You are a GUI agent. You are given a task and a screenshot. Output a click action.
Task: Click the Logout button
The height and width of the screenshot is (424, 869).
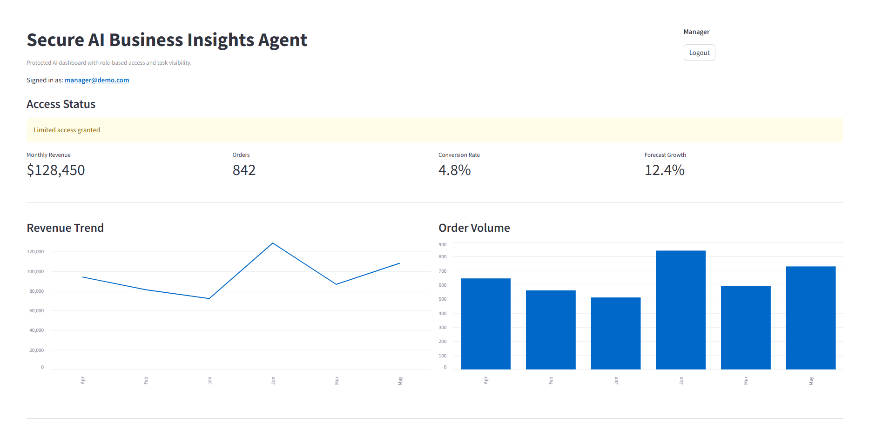pyautogui.click(x=699, y=53)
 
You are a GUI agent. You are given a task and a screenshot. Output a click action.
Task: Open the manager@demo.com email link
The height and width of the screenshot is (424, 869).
pyautogui.click(x=97, y=80)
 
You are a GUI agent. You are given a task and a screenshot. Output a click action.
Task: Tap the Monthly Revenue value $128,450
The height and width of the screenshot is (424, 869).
pyautogui.click(x=56, y=170)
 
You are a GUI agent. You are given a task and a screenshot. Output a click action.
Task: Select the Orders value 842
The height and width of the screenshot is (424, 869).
pyautogui.click(x=244, y=170)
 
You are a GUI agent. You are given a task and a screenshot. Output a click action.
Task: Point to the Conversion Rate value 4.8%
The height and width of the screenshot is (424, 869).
pyautogui.click(x=454, y=170)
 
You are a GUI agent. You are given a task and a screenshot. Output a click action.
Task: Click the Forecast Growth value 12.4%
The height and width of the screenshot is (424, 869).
pyautogui.click(x=664, y=170)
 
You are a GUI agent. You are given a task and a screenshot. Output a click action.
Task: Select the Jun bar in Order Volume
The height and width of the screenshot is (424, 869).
pyautogui.click(x=680, y=310)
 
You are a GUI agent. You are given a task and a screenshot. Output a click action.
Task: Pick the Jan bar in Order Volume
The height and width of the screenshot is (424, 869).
pyautogui.click(x=615, y=333)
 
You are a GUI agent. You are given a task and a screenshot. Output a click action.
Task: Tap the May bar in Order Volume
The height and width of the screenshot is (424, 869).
pyautogui.click(x=810, y=318)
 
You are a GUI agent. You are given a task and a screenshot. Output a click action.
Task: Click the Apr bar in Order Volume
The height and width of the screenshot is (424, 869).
pyautogui.click(x=485, y=324)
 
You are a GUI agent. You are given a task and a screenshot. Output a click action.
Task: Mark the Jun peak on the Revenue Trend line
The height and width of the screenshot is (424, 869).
pyautogui.click(x=273, y=243)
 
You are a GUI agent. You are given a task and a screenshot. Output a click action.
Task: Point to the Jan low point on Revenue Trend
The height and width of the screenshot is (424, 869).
pyautogui.click(x=209, y=298)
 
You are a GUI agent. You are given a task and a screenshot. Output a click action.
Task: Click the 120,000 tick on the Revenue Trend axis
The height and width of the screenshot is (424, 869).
pyautogui.click(x=35, y=252)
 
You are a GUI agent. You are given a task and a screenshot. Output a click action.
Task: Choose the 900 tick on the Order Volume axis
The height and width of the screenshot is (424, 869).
pyautogui.click(x=442, y=244)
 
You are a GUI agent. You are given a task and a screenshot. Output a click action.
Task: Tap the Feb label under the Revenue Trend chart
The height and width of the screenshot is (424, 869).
pyautogui.click(x=146, y=380)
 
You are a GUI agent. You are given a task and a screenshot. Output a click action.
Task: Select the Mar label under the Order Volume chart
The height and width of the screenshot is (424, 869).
pyautogui.click(x=746, y=380)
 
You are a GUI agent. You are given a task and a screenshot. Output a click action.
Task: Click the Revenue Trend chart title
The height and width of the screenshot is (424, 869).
pyautogui.click(x=65, y=228)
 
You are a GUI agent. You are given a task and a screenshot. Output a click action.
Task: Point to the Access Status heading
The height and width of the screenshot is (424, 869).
pyautogui.click(x=61, y=104)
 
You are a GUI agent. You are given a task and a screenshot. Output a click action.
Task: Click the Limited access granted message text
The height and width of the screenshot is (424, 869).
pyautogui.click(x=67, y=130)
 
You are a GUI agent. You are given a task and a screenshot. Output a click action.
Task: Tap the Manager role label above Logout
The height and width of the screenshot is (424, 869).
pyautogui.click(x=696, y=32)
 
